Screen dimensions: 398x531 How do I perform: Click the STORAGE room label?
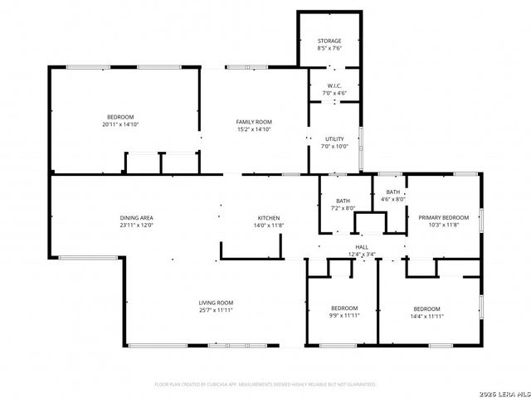tap(329, 41)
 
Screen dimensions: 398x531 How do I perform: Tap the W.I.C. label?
tap(334, 86)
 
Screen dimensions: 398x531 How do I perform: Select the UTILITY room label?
tap(334, 139)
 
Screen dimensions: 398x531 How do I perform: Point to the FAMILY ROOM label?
tap(254, 122)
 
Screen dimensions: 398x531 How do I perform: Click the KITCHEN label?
tap(267, 217)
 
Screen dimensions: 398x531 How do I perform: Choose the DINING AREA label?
tap(136, 217)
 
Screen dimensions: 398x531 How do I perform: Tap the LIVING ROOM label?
tap(216, 303)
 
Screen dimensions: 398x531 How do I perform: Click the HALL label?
tap(363, 247)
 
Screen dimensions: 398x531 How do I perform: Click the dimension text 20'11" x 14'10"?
tap(120, 124)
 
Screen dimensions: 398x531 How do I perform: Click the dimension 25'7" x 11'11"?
tap(216, 310)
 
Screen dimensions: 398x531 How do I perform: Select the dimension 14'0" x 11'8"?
tap(267, 225)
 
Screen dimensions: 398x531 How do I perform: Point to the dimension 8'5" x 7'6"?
tap(329, 48)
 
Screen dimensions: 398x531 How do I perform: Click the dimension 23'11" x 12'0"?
tap(136, 225)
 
